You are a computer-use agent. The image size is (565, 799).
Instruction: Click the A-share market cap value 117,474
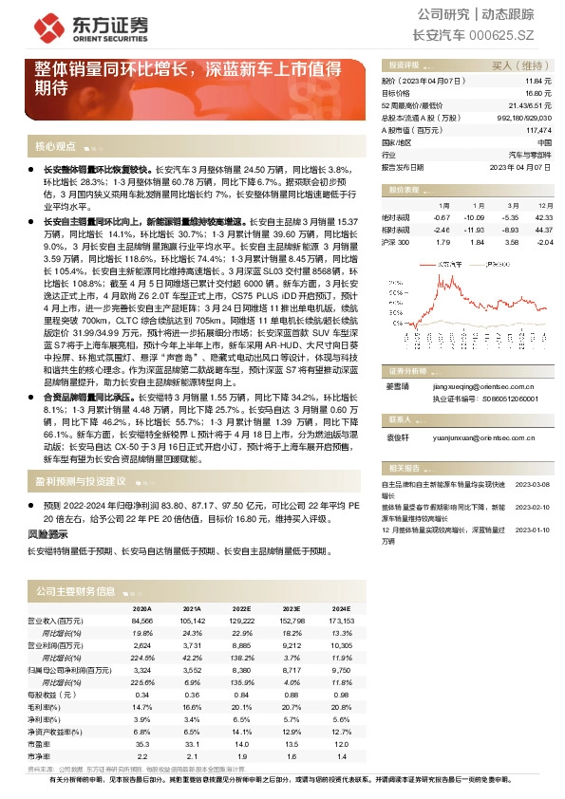pos(537,129)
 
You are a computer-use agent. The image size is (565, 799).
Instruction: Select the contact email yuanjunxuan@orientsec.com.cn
pos(483,439)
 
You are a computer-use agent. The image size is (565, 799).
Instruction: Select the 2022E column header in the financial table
pos(241,609)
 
